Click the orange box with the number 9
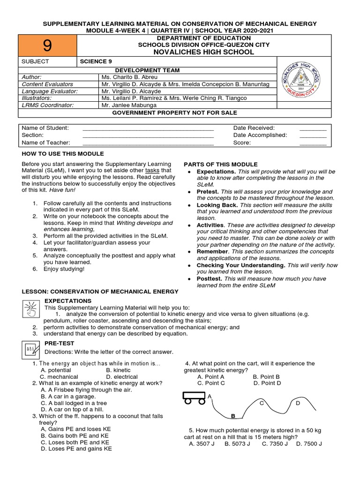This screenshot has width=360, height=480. (x=47, y=45)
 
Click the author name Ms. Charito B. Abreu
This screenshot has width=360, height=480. (x=129, y=77)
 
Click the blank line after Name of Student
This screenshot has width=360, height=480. (x=148, y=128)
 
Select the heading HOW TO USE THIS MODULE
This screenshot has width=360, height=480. (x=63, y=154)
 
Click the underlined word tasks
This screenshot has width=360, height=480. (x=153, y=171)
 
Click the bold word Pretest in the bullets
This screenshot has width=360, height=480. (x=207, y=192)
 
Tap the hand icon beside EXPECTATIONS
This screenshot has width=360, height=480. (x=31, y=308)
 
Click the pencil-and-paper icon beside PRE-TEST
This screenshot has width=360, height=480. (x=31, y=349)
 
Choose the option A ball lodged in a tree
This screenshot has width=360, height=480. (x=74, y=403)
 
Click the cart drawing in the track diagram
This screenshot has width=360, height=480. (x=194, y=398)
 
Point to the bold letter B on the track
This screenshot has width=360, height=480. (x=232, y=416)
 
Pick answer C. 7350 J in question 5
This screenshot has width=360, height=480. (x=275, y=443)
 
